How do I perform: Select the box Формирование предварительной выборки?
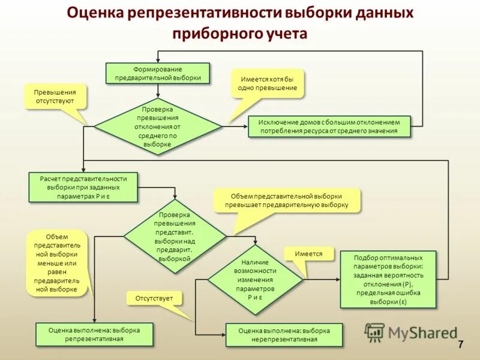(x=158, y=73)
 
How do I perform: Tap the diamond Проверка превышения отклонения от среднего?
(x=158, y=127)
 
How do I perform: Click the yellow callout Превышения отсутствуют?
(x=55, y=97)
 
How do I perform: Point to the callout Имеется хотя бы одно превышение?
(x=269, y=83)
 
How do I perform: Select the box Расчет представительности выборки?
(x=83, y=187)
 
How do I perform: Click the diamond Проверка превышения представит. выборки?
(x=175, y=236)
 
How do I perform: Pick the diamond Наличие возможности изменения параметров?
(x=255, y=280)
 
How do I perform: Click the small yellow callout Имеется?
(x=308, y=254)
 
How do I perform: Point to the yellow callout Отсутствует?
(x=154, y=298)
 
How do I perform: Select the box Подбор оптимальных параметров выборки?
(x=388, y=280)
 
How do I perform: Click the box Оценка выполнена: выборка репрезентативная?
(x=94, y=334)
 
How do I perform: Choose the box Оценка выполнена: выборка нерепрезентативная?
(x=284, y=335)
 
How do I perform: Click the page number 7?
(x=460, y=344)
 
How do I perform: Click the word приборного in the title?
(x=213, y=34)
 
